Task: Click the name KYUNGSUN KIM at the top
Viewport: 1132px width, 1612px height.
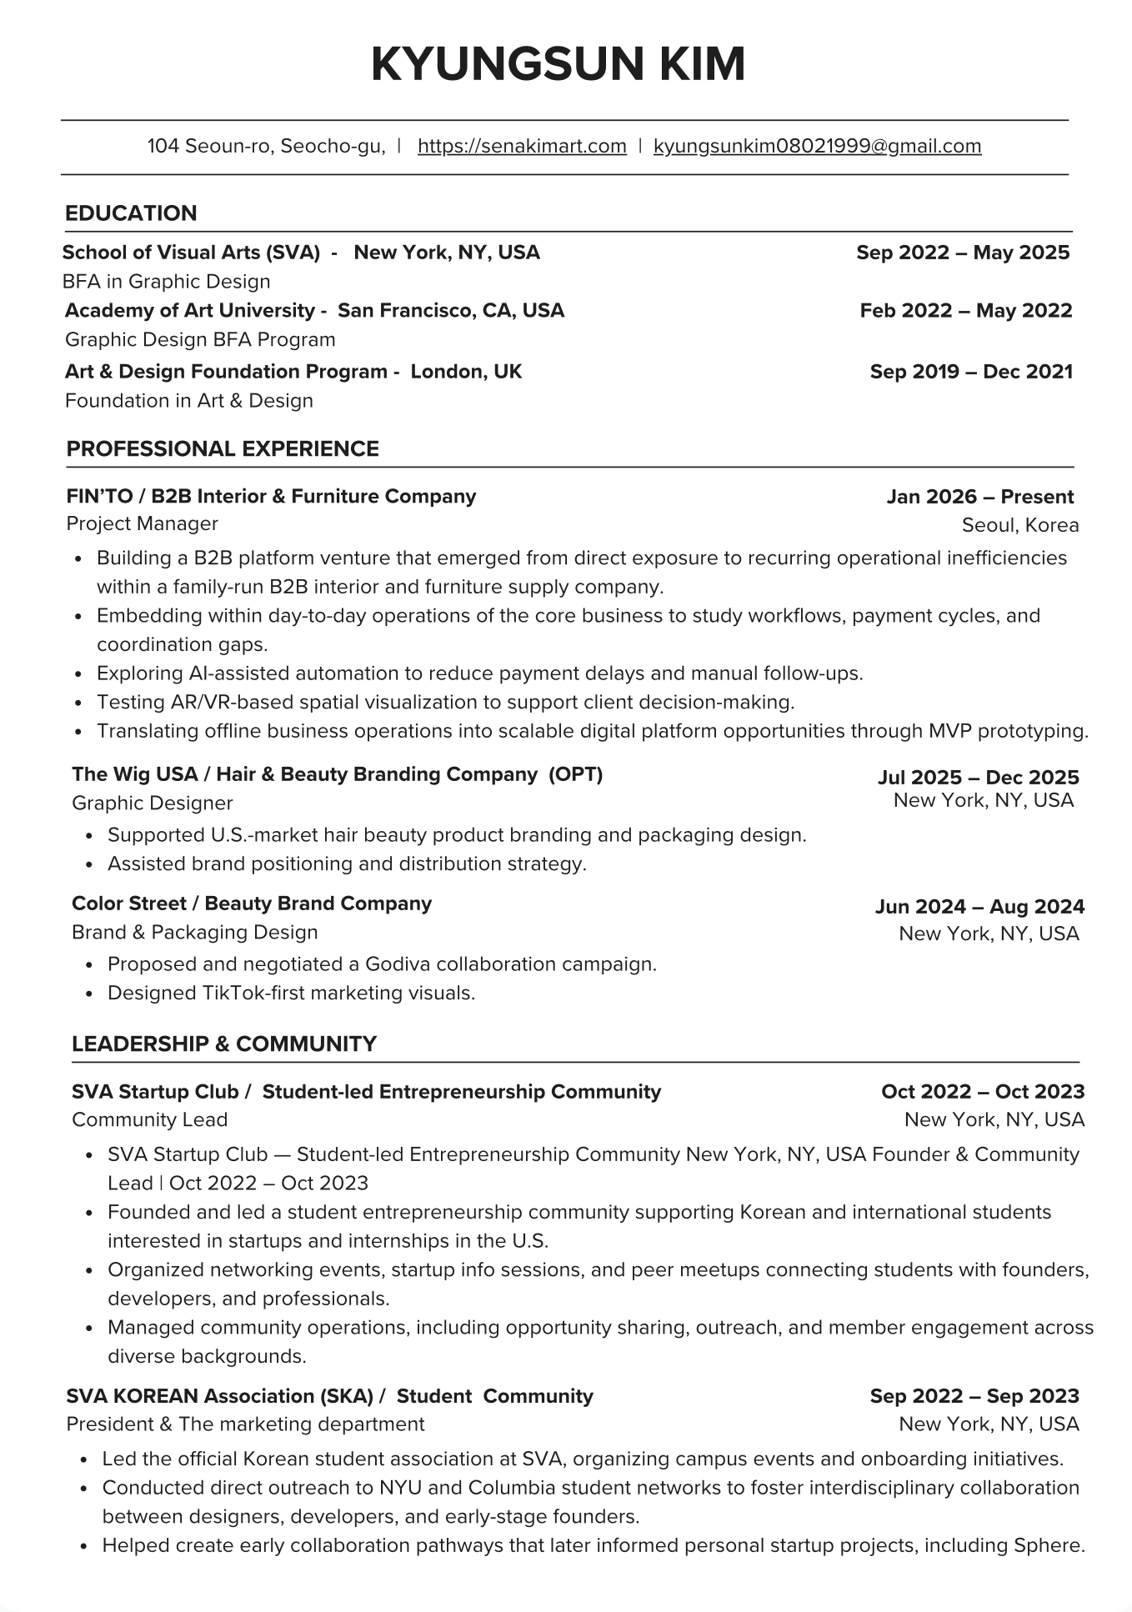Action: [x=558, y=64]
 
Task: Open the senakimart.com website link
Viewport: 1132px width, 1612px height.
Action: [x=522, y=147]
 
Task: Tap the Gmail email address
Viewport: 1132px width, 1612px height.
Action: [x=817, y=147]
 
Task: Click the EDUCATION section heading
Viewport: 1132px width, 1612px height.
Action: [x=131, y=213]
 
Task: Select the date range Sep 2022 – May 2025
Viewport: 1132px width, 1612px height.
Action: [x=963, y=253]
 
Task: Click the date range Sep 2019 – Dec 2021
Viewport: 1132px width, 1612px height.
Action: [x=971, y=372]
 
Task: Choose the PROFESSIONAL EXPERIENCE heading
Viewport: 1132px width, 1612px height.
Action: [x=223, y=449]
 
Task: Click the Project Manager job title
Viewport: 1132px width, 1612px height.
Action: [x=142, y=524]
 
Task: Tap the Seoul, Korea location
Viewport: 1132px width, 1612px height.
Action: [x=1019, y=525]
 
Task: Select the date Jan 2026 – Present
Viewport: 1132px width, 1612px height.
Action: [x=979, y=497]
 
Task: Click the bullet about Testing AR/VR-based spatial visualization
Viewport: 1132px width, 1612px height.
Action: [x=445, y=703]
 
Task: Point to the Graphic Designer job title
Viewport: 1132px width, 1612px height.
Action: [x=152, y=803]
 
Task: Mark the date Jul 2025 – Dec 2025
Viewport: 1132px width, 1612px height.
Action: [x=978, y=778]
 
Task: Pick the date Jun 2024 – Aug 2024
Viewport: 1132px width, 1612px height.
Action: [x=979, y=907]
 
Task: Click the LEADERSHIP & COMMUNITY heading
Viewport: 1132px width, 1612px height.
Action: [x=224, y=1044]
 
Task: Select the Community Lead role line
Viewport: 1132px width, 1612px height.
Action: [x=149, y=1120]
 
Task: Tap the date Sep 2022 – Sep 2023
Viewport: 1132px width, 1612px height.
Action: [x=974, y=1396]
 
